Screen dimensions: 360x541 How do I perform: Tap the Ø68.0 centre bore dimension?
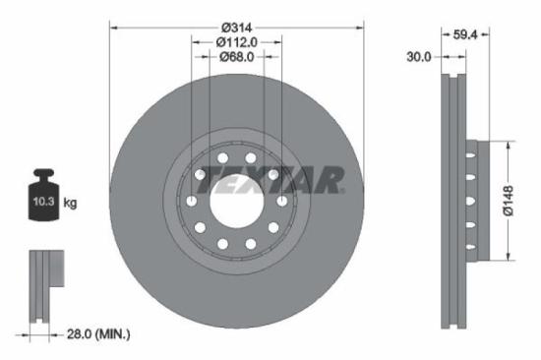click(236, 57)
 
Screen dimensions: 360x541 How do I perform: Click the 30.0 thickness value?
click(420, 58)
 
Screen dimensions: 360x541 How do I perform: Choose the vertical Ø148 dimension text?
click(522, 201)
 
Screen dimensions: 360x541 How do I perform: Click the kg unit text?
click(70, 203)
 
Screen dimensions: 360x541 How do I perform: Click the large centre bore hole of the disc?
click(236, 201)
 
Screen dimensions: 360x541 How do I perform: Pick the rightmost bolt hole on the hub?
click(283, 201)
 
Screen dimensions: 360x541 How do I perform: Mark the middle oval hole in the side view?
click(470, 202)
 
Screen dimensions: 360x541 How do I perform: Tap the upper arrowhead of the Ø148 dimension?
click(509, 145)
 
